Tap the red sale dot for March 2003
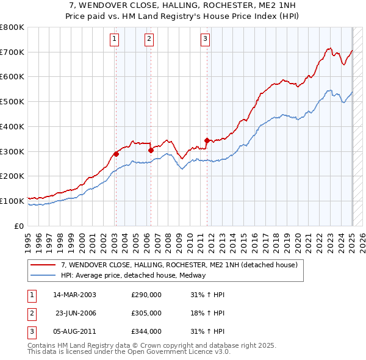[x=116, y=154]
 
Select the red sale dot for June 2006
[x=151, y=149]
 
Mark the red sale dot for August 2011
[x=207, y=140]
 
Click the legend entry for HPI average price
[x=133, y=275]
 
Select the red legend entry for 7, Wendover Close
[x=179, y=265]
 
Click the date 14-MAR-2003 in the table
[x=74, y=295]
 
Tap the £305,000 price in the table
[x=146, y=313]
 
